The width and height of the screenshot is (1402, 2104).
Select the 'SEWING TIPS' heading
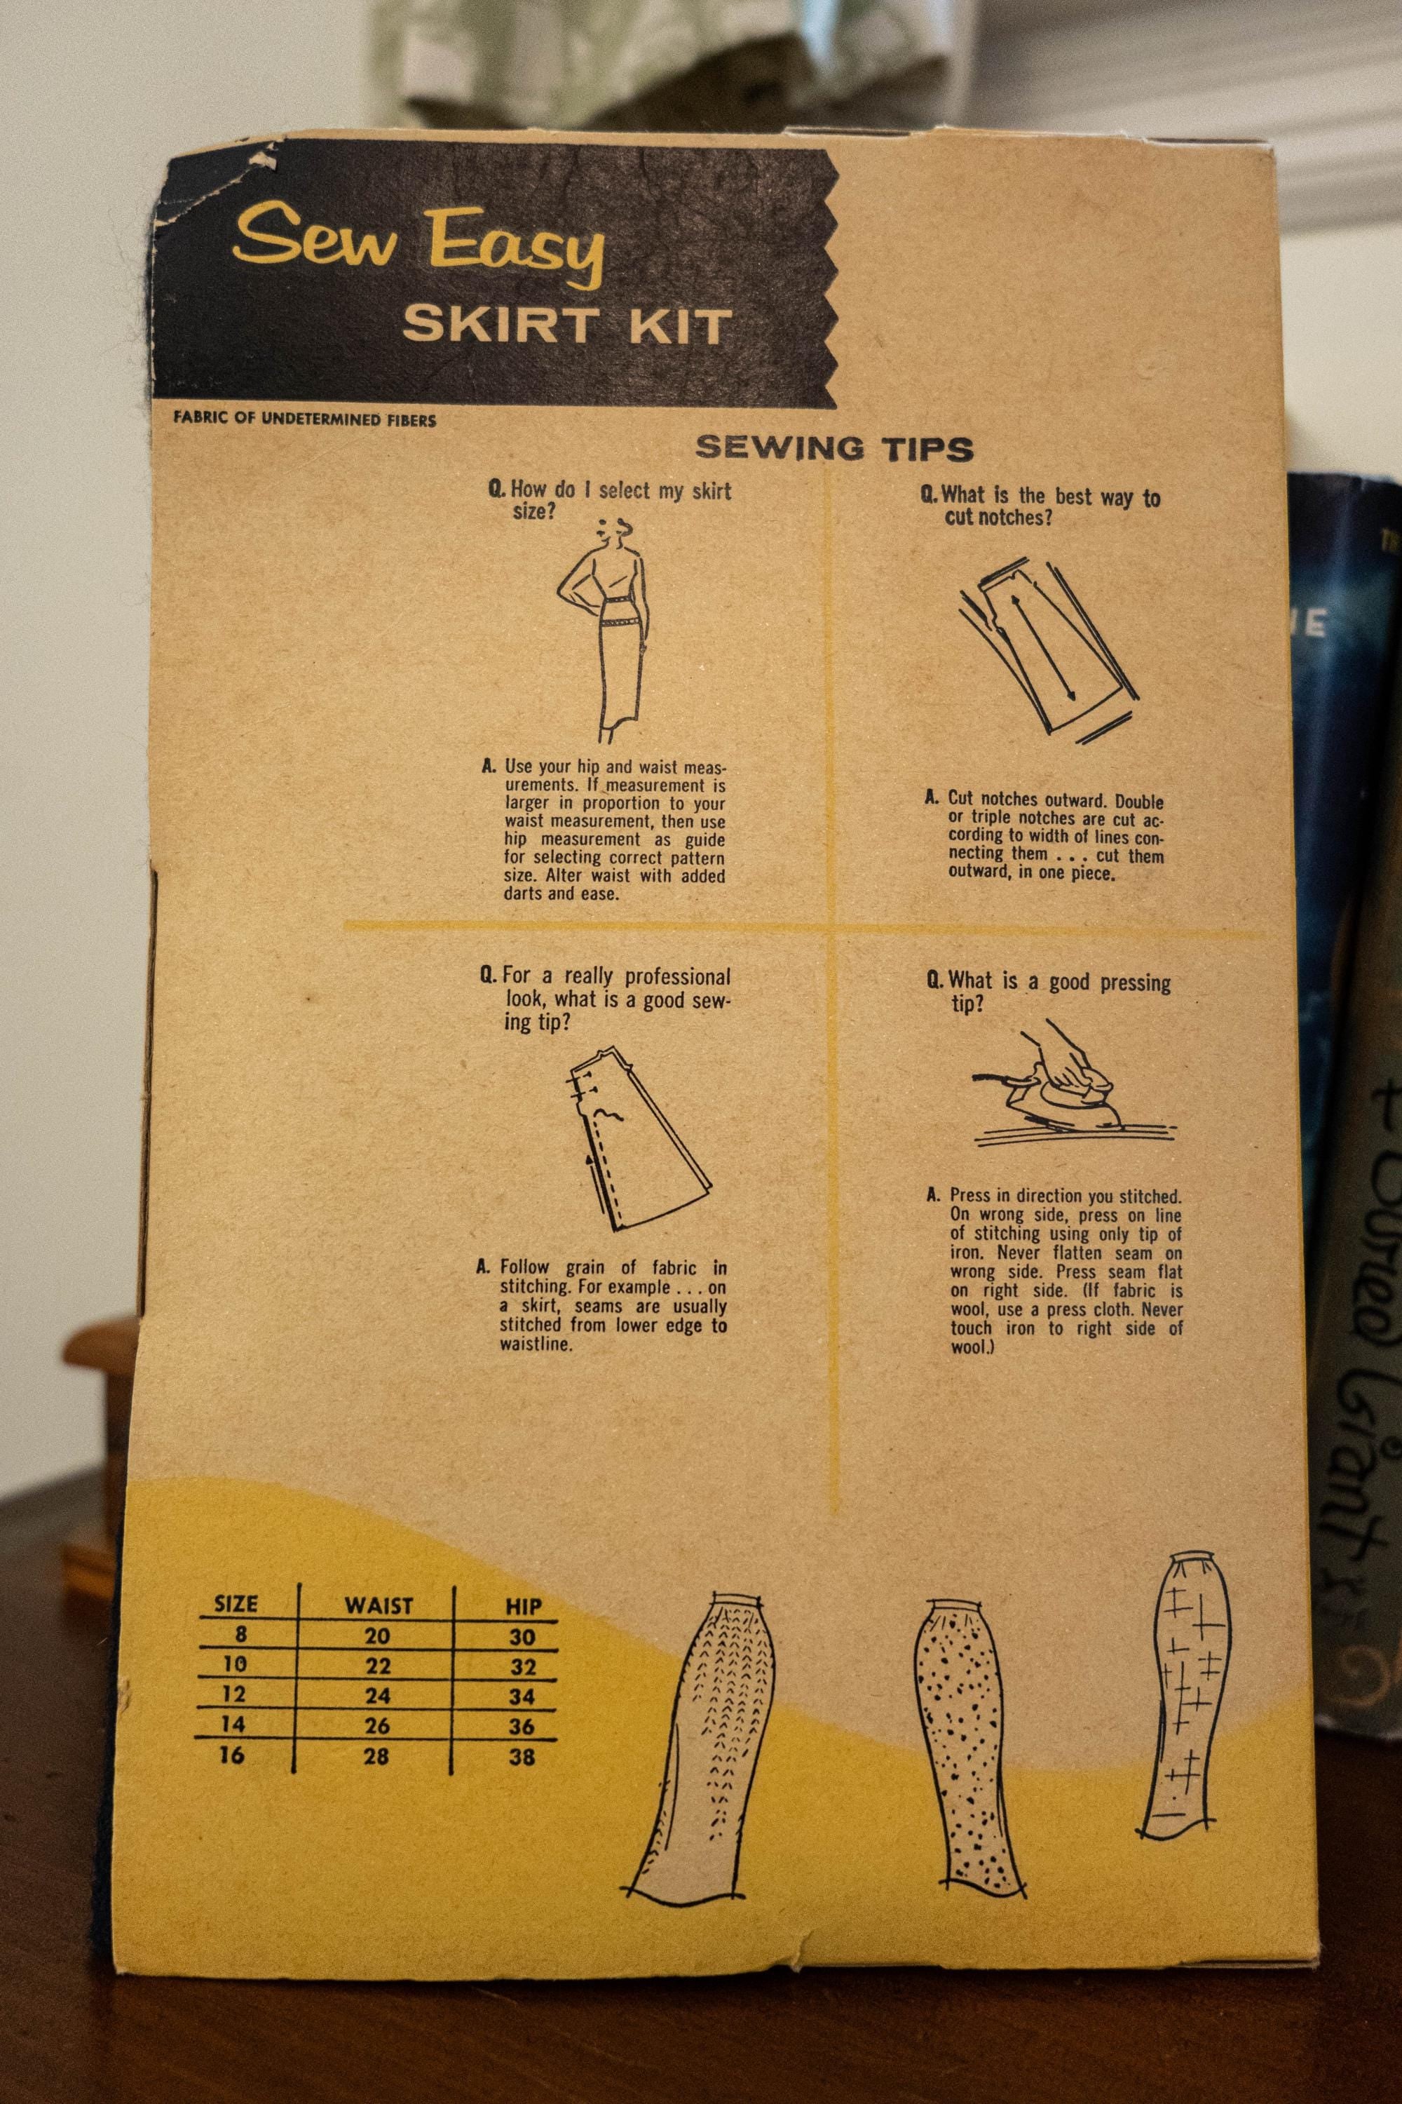tap(834, 447)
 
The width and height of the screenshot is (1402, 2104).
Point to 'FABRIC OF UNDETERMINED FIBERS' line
tap(305, 419)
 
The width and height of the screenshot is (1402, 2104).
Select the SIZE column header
tap(236, 1604)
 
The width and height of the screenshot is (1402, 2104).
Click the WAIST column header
tap(379, 1606)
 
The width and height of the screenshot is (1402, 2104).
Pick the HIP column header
tap(523, 1607)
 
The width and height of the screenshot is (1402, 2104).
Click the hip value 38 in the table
tap(522, 1757)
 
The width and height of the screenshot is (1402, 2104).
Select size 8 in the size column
tap(240, 1634)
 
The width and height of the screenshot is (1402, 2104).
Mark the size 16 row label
tap(231, 1755)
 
